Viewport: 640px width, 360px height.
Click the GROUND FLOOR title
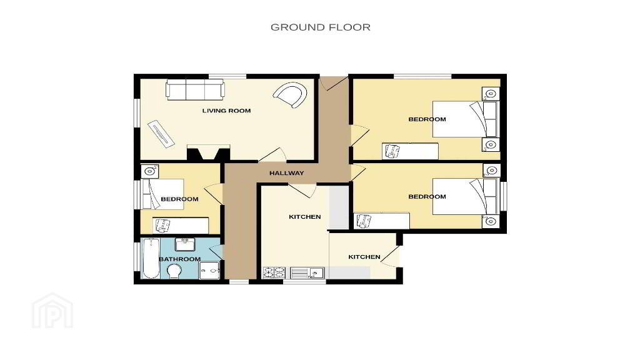point(321,27)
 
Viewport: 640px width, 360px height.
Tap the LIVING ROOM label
point(226,111)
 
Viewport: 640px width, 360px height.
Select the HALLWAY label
point(286,173)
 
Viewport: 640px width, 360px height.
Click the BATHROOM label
point(179,259)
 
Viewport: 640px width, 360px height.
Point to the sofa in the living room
point(195,90)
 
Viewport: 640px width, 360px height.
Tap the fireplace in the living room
point(208,152)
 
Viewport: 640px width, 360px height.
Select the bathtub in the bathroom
point(151,258)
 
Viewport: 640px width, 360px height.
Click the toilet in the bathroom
point(175,271)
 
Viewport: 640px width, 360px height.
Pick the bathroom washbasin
point(185,244)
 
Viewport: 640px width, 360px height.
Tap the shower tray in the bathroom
point(209,270)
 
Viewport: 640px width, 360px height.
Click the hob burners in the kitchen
point(274,272)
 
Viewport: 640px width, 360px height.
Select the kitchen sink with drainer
point(307,272)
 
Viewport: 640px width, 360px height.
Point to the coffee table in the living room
point(161,133)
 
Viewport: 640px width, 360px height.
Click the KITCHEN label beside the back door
point(364,257)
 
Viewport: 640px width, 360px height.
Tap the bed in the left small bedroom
point(162,194)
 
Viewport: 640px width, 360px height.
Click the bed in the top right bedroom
point(465,119)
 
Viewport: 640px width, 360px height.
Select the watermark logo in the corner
point(52,311)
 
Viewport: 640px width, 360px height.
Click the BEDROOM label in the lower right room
point(427,197)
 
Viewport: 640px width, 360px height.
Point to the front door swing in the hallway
point(334,83)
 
